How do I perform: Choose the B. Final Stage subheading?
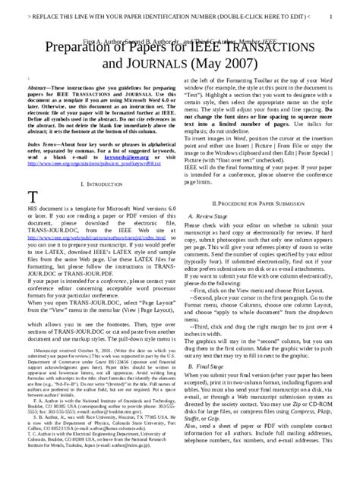[201, 388]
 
